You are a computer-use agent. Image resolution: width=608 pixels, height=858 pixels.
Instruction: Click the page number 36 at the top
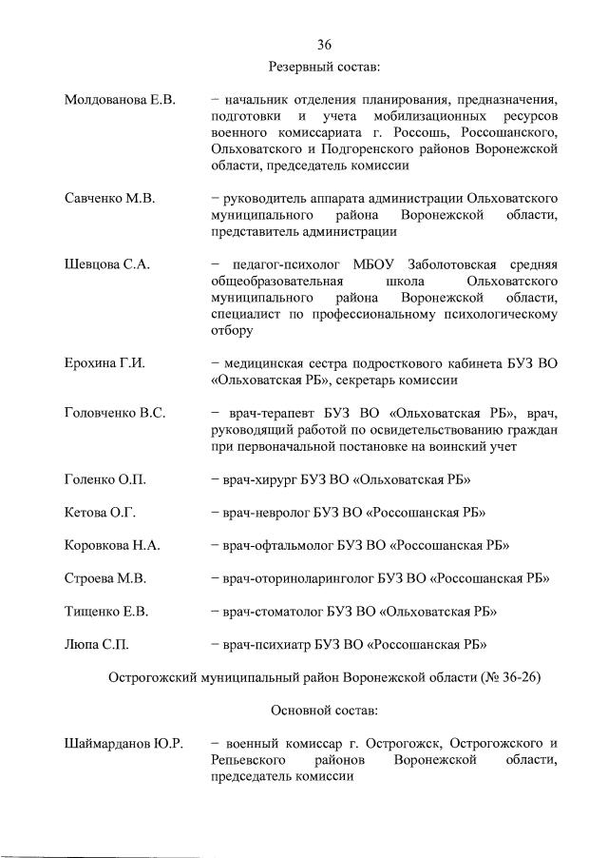[324, 45]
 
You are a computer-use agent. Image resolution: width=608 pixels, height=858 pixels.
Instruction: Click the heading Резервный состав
[324, 66]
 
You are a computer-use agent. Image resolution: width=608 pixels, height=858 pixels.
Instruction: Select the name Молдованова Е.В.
[120, 100]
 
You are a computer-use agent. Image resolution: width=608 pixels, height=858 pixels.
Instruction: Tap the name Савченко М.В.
[109, 198]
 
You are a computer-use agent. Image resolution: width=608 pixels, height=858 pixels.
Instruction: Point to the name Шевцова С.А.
[106, 263]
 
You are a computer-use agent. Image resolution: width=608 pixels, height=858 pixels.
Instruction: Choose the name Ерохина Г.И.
[104, 362]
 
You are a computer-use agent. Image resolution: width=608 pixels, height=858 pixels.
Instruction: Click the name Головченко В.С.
[115, 412]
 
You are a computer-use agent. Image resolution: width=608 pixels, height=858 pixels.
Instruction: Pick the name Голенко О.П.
[105, 478]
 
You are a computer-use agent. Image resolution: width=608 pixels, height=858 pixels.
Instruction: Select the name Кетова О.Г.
[100, 512]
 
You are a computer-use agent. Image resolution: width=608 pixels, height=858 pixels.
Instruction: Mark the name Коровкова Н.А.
[112, 545]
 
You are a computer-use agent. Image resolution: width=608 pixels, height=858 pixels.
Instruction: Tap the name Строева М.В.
[104, 578]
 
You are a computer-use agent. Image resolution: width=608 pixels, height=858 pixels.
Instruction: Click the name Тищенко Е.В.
[106, 611]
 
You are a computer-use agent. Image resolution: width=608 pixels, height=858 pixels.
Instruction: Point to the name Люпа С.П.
[96, 644]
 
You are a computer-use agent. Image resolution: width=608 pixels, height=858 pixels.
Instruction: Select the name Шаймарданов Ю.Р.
[123, 742]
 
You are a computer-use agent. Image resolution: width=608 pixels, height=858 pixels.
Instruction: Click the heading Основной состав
[324, 710]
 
